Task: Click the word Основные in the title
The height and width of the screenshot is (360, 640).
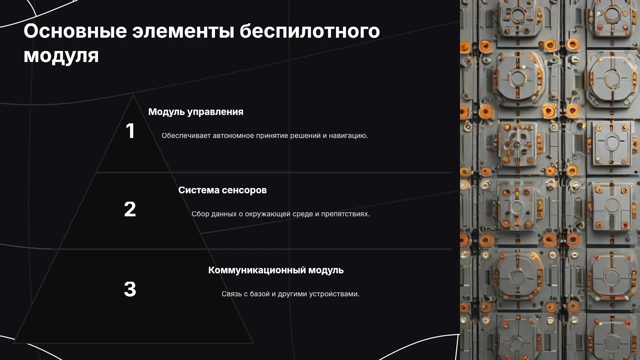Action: click(x=75, y=31)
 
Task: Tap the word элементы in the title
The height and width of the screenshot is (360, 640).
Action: click(x=183, y=31)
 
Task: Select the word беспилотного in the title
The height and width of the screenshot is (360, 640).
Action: click(x=310, y=31)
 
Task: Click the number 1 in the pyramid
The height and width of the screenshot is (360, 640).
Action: click(x=130, y=131)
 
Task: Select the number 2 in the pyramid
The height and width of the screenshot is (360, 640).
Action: click(x=130, y=209)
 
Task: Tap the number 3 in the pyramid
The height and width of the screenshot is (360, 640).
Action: click(x=130, y=289)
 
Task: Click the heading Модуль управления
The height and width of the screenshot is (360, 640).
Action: click(x=196, y=112)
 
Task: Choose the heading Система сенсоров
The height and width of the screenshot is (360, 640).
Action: click(x=222, y=190)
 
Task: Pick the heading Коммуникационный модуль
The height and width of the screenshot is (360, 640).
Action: click(x=276, y=270)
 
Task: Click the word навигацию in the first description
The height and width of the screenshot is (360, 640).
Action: click(x=348, y=136)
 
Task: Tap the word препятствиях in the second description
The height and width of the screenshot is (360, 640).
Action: click(x=345, y=214)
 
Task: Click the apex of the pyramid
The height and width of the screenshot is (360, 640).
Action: click(x=133, y=95)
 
